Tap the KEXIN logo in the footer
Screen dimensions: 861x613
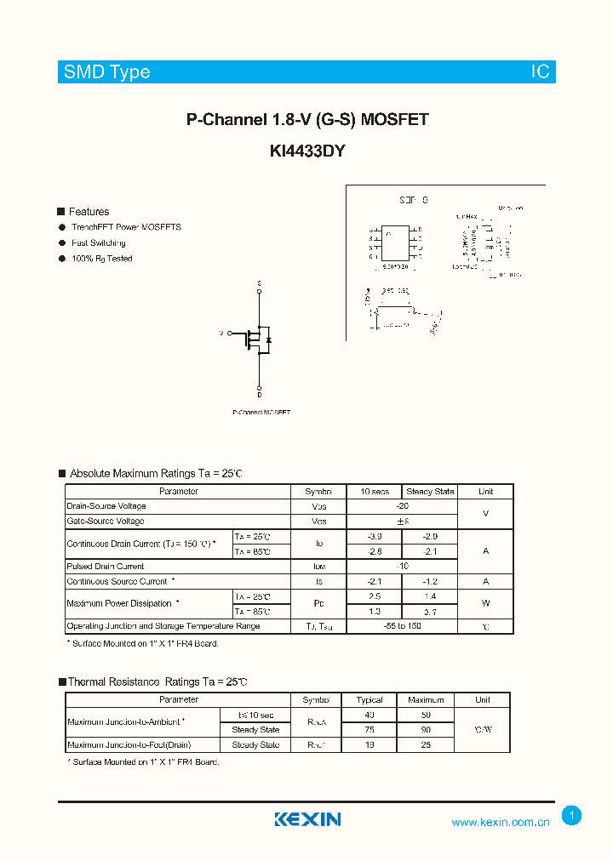[x=307, y=819]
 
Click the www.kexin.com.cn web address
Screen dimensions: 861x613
[x=500, y=822]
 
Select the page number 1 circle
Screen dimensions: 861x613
[x=572, y=816]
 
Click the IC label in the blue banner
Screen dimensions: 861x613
[x=541, y=72]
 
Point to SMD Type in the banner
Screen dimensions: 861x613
[x=107, y=72]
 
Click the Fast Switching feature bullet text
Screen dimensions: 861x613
[x=98, y=243]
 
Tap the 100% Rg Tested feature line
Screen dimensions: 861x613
[x=101, y=259]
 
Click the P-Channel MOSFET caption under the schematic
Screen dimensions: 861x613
[x=261, y=413]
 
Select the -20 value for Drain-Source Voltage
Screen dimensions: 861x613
[x=402, y=506]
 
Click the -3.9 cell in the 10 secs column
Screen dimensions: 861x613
[x=374, y=537]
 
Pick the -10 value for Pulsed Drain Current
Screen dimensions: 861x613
[x=402, y=567]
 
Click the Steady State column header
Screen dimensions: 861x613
[x=430, y=492]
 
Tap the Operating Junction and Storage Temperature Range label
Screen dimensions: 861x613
[x=163, y=626]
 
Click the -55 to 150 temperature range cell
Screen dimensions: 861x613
[x=402, y=626]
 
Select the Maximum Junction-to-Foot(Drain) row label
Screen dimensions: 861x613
[x=129, y=745]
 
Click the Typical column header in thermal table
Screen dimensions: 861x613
[x=370, y=700]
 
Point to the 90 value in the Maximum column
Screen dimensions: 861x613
[x=426, y=730]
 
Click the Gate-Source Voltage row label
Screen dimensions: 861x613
[x=106, y=521]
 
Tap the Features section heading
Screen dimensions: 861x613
[x=89, y=212]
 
